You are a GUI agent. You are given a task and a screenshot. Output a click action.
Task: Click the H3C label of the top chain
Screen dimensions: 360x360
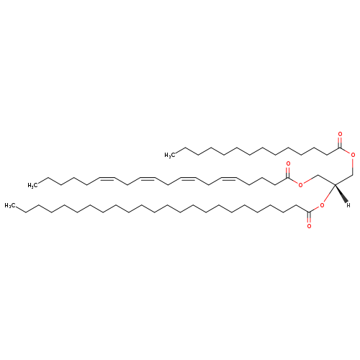coord(168,156)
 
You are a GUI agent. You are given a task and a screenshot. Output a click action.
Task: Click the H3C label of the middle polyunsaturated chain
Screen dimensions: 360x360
coord(32,185)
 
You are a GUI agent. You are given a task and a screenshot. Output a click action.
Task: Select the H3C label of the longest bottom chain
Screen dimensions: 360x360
coord(9,205)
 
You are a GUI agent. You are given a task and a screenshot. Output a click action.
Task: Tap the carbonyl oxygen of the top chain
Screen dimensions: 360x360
coord(340,134)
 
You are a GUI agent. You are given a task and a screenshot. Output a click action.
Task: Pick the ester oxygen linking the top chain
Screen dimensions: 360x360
coord(353,155)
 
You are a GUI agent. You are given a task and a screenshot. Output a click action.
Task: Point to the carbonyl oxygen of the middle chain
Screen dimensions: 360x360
coord(288,164)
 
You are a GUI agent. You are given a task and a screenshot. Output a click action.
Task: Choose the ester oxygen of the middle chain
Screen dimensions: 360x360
coord(300,184)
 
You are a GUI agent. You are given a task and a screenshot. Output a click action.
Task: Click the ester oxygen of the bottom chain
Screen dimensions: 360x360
coord(322,205)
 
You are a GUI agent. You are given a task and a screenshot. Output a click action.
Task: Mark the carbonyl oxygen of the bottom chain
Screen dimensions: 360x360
coord(309,226)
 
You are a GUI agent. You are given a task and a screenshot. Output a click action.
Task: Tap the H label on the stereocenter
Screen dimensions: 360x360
coord(348,205)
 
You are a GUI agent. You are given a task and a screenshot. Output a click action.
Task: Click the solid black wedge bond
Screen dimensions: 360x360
coord(341,194)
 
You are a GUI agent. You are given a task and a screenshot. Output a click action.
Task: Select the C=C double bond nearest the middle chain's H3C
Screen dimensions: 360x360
coord(107,179)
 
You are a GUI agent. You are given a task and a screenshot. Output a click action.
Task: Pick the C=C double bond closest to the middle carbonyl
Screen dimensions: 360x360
coord(229,179)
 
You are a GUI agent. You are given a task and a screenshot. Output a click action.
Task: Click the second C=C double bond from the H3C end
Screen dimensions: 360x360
coord(147,179)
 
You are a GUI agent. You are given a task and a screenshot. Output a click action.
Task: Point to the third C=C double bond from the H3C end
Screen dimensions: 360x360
coord(188,179)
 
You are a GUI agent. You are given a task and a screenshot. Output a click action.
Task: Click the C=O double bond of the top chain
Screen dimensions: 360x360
coord(340,142)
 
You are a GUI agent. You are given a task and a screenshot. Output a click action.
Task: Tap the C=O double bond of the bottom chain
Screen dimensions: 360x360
coord(309,217)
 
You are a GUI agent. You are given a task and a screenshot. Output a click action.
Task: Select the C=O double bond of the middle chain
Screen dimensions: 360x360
coord(288,172)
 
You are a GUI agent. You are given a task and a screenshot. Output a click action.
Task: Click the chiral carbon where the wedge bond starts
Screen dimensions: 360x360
coord(335,184)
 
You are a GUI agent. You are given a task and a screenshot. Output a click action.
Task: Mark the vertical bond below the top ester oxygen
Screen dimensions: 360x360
coord(353,166)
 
